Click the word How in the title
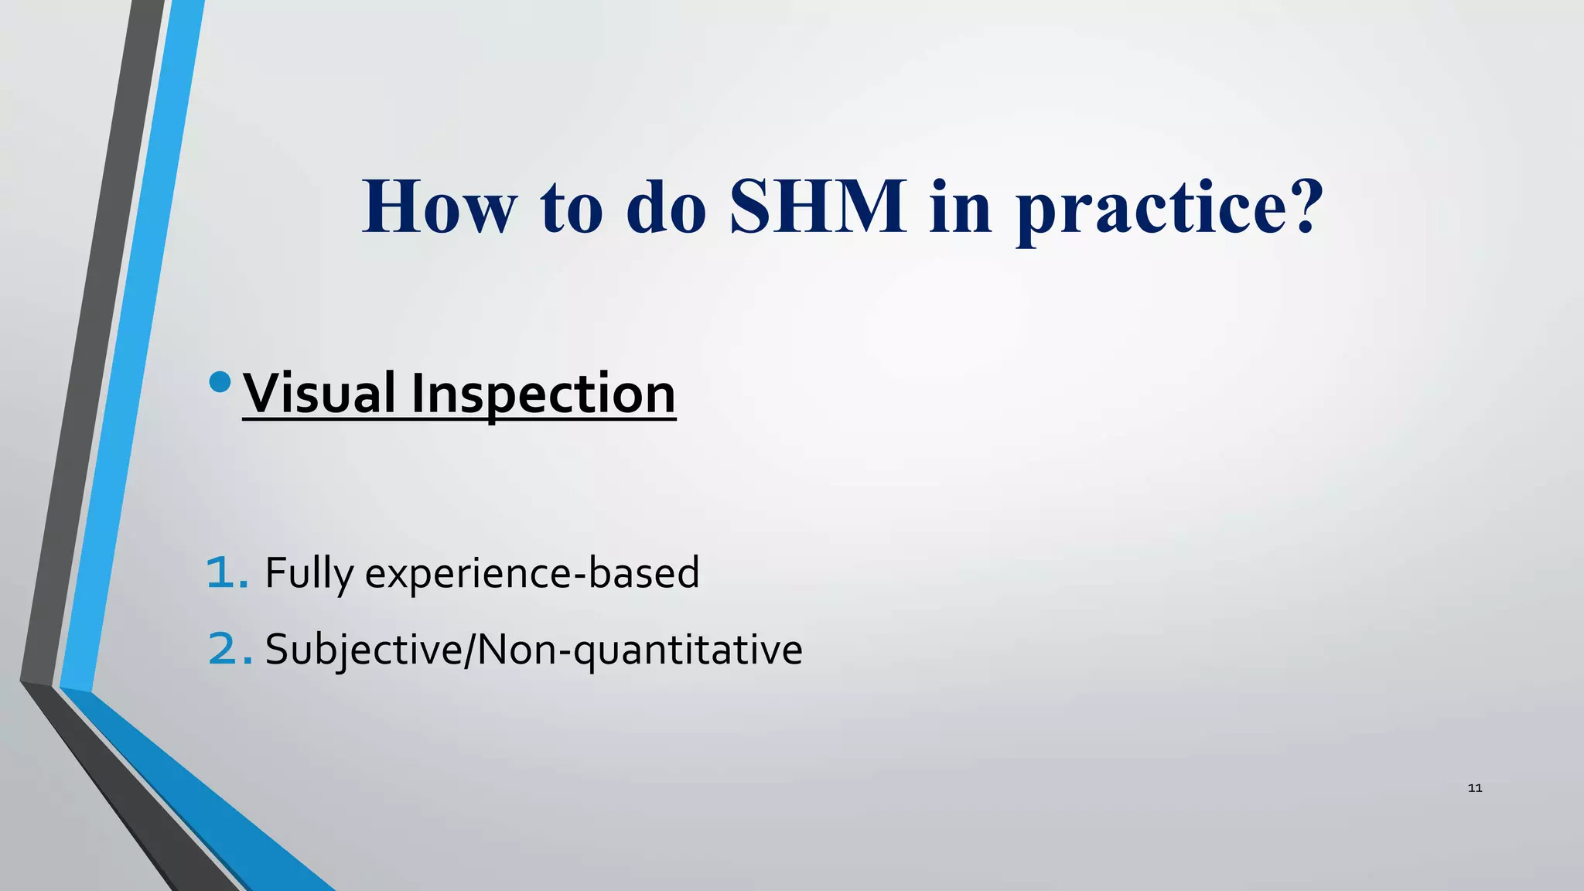[439, 207]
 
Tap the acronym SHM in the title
[818, 207]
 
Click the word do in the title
[666, 207]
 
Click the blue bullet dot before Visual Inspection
[220, 382]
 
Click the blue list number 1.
[227, 573]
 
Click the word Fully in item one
[309, 574]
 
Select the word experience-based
[532, 574]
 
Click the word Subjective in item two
[363, 650]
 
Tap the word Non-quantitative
[640, 650]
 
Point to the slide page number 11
[1474, 788]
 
